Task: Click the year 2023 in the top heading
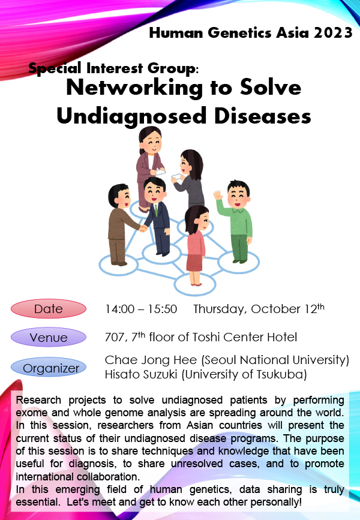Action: point(333,33)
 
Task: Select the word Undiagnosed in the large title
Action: point(132,117)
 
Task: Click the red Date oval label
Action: point(49,309)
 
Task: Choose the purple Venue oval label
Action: point(49,337)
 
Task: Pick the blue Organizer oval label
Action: point(49,368)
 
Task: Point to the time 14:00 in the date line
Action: point(119,309)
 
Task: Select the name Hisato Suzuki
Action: point(141,374)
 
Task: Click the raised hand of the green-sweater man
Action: point(218,195)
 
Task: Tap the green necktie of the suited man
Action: point(156,210)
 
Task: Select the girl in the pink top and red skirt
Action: point(196,245)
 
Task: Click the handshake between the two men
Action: point(143,228)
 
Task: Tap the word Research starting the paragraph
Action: point(38,400)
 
